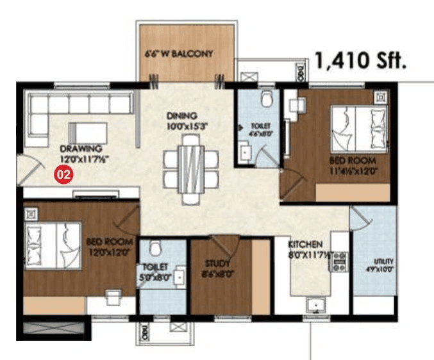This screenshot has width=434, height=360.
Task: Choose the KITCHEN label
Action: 306,245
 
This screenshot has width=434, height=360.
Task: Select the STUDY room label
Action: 218,263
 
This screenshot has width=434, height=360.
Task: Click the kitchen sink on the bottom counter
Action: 314,305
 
